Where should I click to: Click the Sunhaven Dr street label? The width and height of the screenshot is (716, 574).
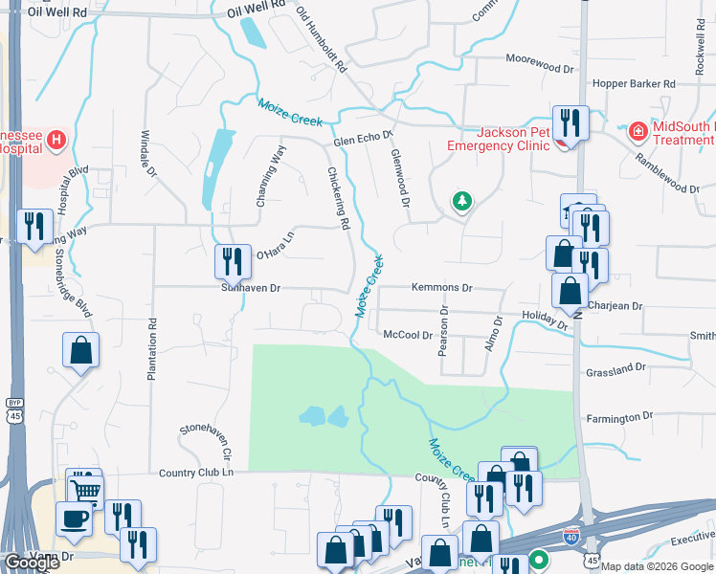point(250,287)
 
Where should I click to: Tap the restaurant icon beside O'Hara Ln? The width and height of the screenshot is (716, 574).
point(231,259)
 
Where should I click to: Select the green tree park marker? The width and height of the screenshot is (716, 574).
point(462,201)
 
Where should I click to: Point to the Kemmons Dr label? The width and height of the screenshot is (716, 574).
point(442,287)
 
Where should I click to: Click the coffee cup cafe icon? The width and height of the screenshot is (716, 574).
point(75,519)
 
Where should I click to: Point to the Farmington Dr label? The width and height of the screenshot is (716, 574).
point(619,417)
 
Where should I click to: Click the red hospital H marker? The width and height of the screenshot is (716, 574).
point(56,142)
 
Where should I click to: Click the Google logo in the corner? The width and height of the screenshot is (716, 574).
point(32,563)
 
